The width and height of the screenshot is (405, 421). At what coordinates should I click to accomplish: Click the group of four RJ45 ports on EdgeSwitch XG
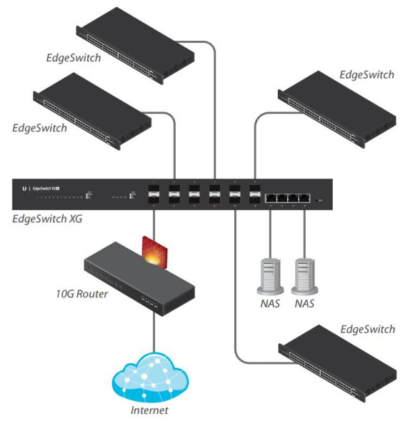pyautogui.click(x=287, y=198)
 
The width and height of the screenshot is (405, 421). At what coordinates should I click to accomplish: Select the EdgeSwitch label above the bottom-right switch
pyautogui.click(x=367, y=329)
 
